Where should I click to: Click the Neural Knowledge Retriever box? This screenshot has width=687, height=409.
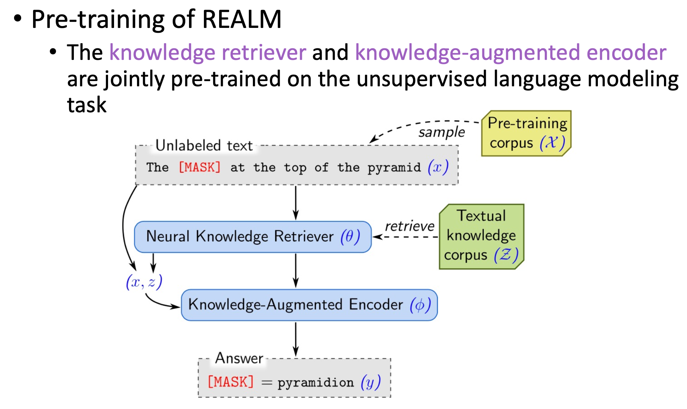[x=253, y=237]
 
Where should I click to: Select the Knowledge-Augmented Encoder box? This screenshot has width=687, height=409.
[x=309, y=305]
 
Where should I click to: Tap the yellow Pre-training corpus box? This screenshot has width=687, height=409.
[x=526, y=133]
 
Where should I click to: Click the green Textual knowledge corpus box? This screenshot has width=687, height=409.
[x=481, y=236]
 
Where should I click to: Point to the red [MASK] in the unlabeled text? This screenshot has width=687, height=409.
[x=199, y=167]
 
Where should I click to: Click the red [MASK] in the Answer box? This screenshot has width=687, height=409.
[x=231, y=382]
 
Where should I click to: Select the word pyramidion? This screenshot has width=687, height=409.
[x=316, y=383]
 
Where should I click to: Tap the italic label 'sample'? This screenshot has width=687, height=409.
[x=442, y=132]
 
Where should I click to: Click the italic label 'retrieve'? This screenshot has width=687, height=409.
[x=410, y=226]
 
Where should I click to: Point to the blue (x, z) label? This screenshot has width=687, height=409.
[x=144, y=282]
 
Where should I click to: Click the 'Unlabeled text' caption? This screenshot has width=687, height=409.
[x=204, y=146]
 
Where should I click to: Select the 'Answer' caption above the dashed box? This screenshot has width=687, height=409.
[x=239, y=358]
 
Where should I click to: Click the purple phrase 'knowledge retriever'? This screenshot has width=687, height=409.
[x=208, y=52]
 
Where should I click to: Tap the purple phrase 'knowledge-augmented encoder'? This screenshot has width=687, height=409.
[x=511, y=52]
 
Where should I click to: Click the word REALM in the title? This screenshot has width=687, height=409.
[x=242, y=19]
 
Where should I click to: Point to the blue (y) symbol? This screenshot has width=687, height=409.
[x=371, y=382]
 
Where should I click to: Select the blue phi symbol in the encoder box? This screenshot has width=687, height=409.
[x=420, y=305]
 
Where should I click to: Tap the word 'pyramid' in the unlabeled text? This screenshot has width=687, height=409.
[x=394, y=168]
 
